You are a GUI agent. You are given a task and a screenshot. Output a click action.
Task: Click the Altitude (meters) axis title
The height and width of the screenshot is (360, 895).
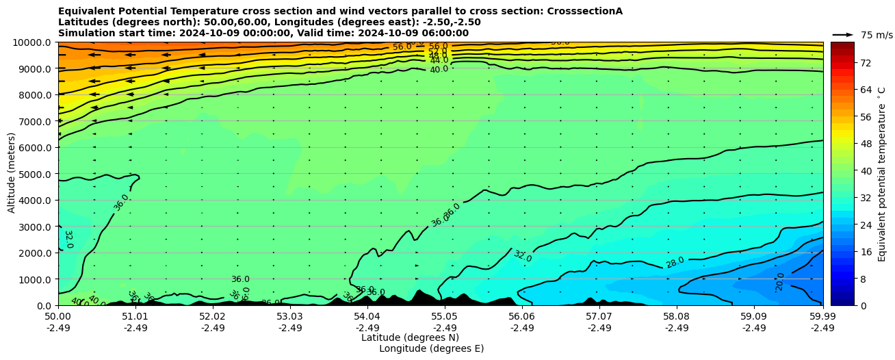pos(12,173)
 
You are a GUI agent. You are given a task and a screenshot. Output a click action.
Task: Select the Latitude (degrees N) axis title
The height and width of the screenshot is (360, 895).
pos(410,337)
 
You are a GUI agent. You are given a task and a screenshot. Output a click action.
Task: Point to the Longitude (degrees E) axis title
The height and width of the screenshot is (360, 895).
pos(431,348)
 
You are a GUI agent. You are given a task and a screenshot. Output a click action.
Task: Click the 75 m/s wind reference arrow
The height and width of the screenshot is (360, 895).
pos(842,34)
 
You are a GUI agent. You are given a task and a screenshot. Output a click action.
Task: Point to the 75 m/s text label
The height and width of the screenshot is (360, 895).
pos(877,35)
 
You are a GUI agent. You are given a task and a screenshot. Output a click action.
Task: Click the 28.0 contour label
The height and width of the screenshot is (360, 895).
pos(675,263)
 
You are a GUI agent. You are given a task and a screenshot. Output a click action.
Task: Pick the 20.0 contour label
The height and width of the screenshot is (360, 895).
pos(780,281)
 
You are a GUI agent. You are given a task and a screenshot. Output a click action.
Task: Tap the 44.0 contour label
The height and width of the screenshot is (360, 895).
pos(439,60)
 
